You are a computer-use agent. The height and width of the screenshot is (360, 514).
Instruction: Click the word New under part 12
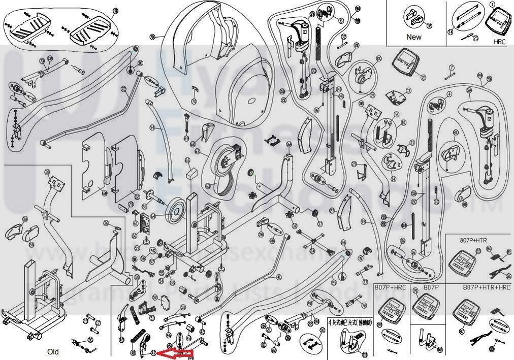click(413, 37)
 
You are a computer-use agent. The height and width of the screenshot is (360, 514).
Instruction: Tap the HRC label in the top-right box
click(499, 42)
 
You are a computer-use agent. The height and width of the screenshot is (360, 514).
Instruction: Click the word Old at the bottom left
click(53, 352)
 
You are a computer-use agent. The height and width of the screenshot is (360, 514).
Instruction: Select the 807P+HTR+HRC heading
click(486, 287)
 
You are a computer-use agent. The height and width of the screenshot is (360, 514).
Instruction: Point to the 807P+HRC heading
click(390, 287)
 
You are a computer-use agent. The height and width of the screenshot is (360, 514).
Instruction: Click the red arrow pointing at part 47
click(176, 352)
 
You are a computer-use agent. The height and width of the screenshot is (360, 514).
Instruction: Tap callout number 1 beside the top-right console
click(492, 4)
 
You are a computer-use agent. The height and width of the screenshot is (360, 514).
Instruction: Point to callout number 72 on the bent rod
click(123, 89)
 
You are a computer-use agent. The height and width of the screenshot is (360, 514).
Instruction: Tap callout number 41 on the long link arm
click(278, 277)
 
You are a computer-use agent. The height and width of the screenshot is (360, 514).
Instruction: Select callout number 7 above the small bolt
click(451, 68)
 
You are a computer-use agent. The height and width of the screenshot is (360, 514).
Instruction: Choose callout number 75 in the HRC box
click(476, 38)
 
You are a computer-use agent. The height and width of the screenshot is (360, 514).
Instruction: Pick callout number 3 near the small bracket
click(408, 91)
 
